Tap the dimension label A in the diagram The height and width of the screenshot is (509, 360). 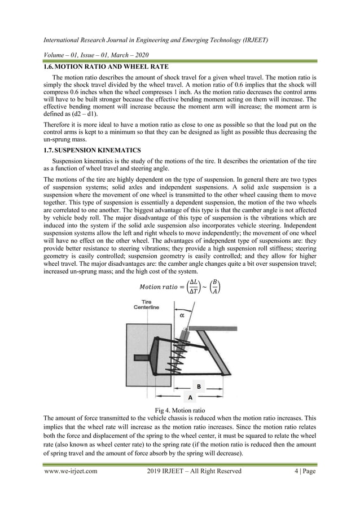point(190,397)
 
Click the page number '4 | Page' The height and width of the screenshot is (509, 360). point(302,471)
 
